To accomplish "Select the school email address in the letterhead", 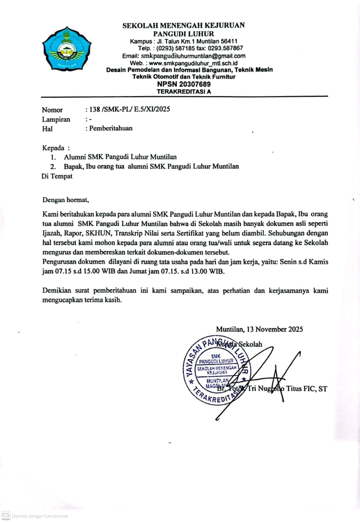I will point(193,56).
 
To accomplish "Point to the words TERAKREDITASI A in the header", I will point(184,91).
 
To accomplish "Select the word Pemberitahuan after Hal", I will point(111,128).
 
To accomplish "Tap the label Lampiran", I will point(56,119).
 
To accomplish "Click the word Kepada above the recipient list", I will point(53,147).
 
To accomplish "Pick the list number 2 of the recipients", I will point(53,166).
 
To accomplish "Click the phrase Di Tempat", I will point(57,176).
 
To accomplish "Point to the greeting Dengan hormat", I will point(65,200).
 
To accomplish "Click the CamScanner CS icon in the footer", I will point(6,516).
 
